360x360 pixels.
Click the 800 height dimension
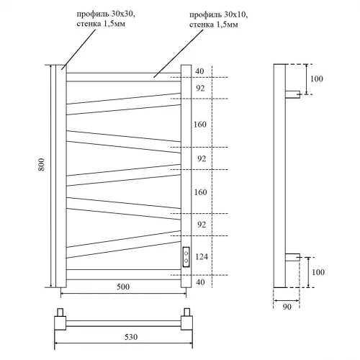point(40,174)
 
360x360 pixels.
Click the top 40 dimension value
point(199,71)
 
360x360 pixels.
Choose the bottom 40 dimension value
point(199,282)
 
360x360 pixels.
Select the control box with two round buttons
point(186,256)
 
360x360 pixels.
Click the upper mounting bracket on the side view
point(293,94)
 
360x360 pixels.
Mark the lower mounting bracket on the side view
point(293,256)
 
